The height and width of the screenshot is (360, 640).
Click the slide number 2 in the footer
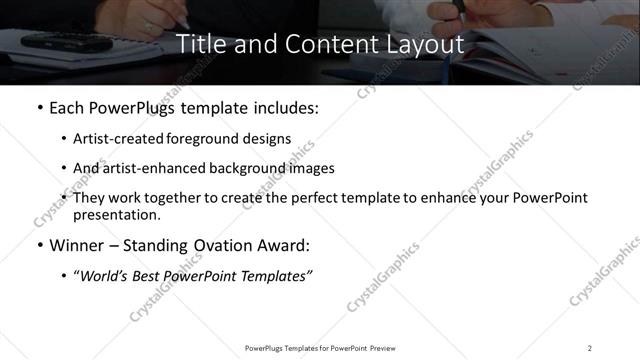point(590,348)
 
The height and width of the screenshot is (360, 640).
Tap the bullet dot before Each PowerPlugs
point(39,108)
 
